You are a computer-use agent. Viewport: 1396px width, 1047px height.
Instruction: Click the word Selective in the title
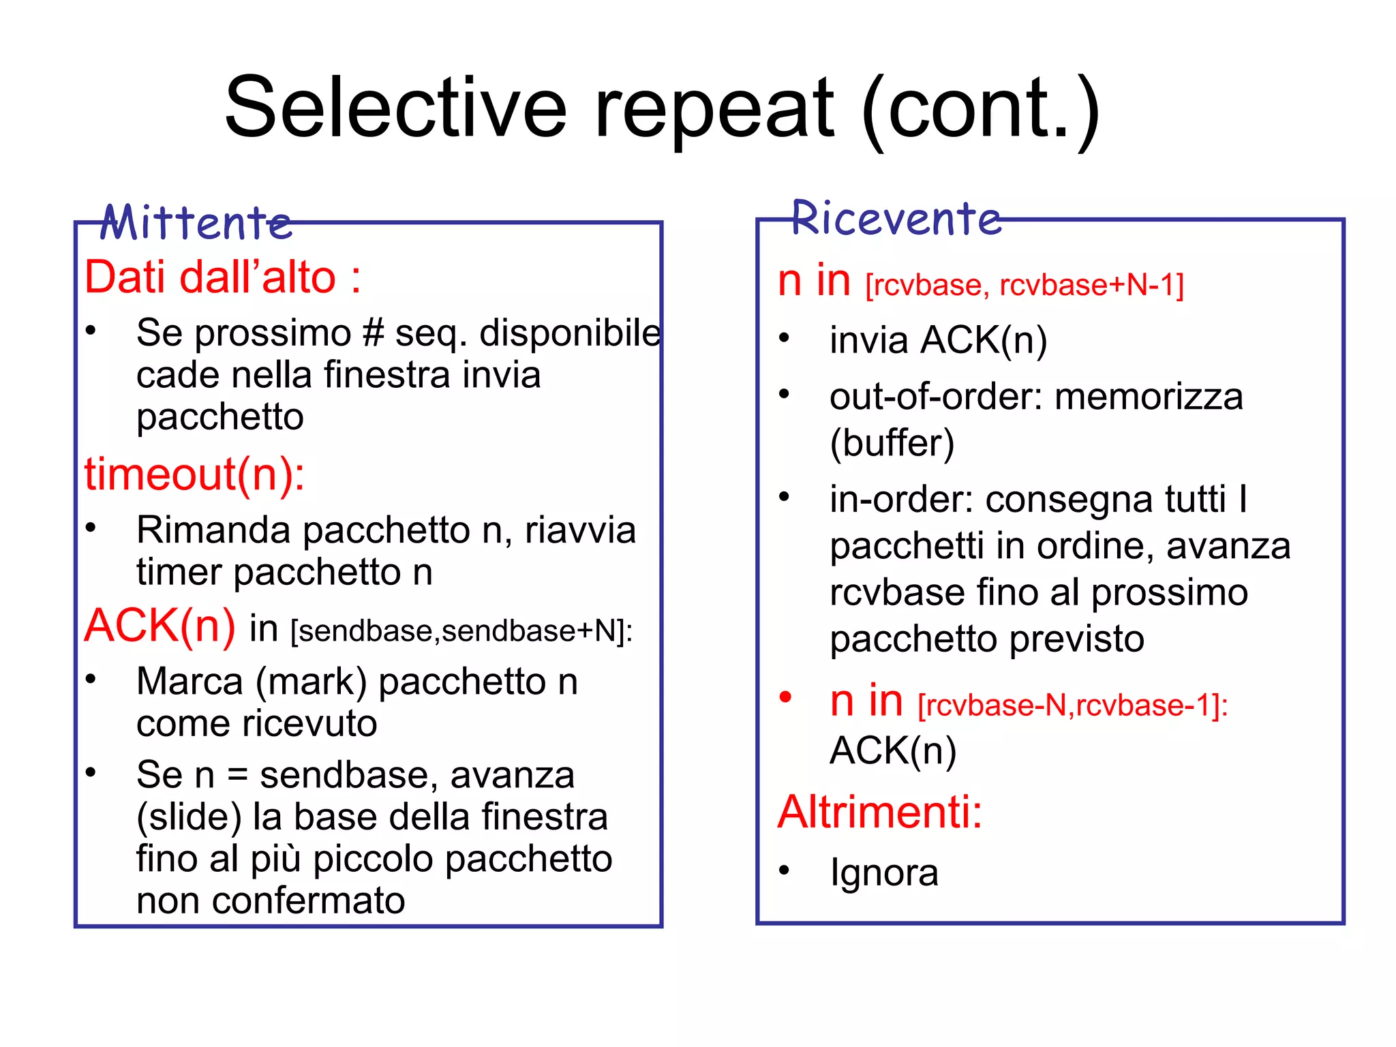(395, 108)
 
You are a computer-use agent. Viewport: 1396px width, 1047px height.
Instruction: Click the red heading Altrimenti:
(880, 812)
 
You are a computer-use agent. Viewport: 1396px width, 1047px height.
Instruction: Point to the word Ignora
(884, 872)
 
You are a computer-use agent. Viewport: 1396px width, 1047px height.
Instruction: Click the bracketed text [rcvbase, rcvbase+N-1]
(1025, 285)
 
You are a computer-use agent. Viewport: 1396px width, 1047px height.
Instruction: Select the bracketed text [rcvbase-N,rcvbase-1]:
(1073, 705)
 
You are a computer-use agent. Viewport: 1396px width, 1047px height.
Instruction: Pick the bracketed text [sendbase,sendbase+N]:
(461, 631)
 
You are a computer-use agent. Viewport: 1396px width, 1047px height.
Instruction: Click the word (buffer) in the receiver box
(892, 443)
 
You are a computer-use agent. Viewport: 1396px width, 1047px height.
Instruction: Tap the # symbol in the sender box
(374, 333)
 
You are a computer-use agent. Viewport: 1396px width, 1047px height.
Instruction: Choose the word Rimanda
(213, 530)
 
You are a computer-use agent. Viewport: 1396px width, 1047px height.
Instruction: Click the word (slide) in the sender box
(189, 817)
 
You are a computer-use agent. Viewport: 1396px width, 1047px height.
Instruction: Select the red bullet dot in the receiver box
(785, 697)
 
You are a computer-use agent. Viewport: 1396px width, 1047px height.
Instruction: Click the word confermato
(308, 900)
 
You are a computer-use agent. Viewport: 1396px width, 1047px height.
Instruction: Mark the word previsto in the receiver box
(1076, 639)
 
